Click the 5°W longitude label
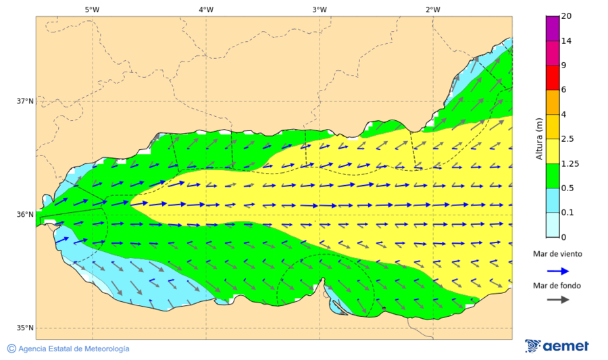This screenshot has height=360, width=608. [93, 9]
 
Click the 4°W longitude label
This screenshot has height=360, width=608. [206, 9]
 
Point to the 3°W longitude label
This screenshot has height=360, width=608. [320, 9]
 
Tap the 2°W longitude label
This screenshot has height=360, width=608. [433, 9]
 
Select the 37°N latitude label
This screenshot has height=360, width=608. [25, 101]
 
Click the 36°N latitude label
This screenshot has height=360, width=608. [25, 215]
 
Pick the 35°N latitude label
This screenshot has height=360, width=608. [25, 328]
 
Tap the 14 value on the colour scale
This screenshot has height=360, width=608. [567, 41]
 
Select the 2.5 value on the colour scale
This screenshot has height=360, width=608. [569, 139]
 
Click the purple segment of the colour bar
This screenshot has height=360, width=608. [552, 28]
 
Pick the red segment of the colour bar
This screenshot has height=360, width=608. [552, 77]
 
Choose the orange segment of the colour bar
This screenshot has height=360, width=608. [552, 102]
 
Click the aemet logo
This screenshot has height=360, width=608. [557, 346]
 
